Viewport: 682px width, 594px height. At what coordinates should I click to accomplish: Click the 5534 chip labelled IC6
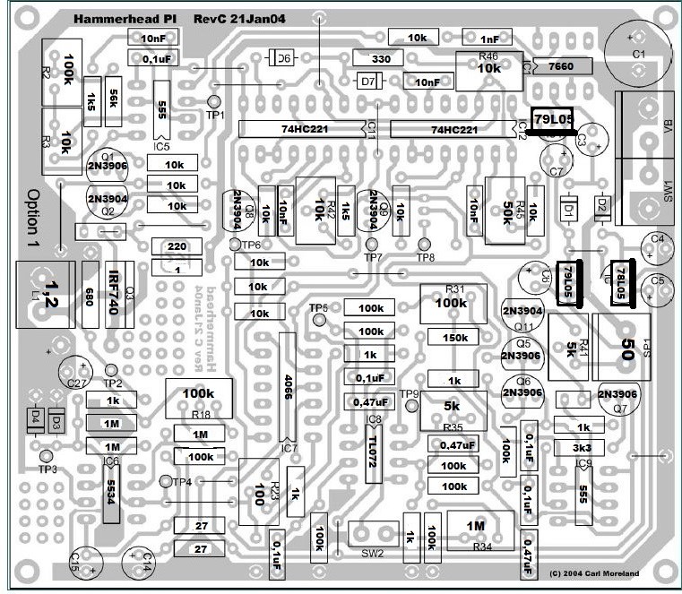(x=111, y=496)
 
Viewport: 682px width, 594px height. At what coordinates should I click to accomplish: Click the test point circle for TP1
(x=214, y=102)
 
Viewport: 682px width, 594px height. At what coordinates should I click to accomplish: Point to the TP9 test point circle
(x=412, y=405)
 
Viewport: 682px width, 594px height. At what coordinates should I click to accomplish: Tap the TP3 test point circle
(x=46, y=454)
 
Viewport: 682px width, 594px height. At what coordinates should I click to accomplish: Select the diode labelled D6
(x=281, y=59)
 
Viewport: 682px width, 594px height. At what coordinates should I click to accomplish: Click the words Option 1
(x=34, y=219)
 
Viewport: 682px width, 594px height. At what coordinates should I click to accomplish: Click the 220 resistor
(x=177, y=247)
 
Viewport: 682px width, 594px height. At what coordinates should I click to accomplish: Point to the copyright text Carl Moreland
(x=608, y=572)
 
